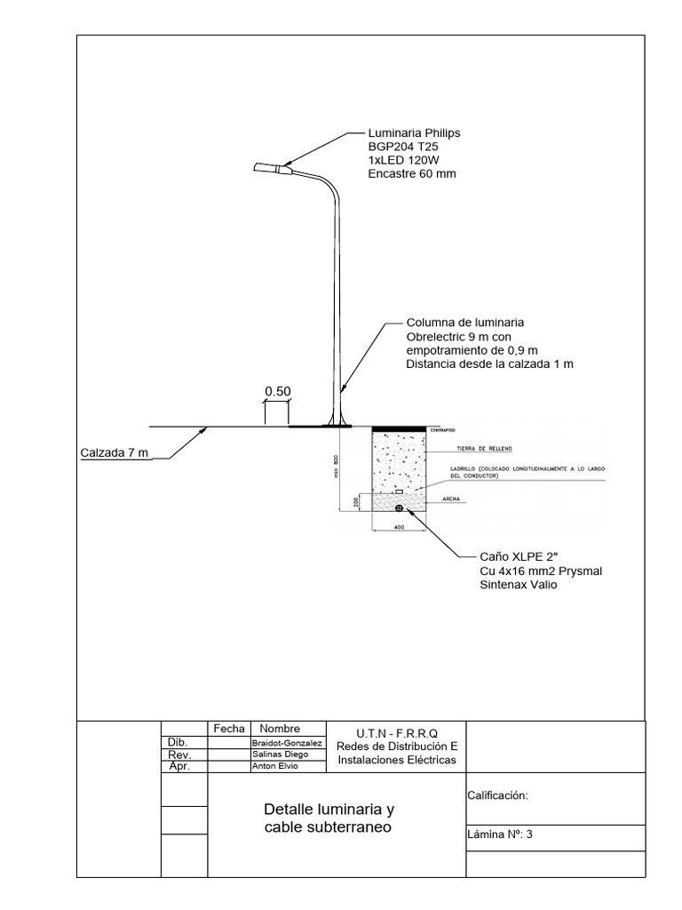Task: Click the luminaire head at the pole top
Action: [x=268, y=167]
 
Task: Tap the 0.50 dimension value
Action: [x=278, y=390]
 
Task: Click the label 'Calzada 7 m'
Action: [x=114, y=453]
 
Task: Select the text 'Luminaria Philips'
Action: [x=414, y=133]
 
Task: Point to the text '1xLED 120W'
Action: [x=403, y=160]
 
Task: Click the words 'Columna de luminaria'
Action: [x=465, y=323]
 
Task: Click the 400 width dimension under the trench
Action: [x=399, y=528]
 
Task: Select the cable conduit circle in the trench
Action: [x=399, y=507]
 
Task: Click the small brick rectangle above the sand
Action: [x=399, y=491]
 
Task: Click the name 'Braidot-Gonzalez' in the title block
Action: [x=287, y=743]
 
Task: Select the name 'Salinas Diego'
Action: [x=281, y=754]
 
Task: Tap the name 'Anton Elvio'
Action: [x=276, y=766]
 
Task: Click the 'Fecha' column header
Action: [x=229, y=729]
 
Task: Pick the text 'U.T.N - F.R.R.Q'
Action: [x=396, y=732]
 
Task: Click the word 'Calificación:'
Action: [x=497, y=796]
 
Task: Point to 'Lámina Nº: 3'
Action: [x=499, y=834]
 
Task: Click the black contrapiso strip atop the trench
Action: [x=399, y=429]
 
